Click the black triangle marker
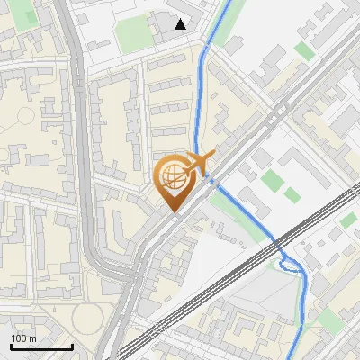click(181, 24)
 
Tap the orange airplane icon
click(198, 163)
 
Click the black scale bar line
click(41, 346)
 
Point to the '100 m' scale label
click(25, 337)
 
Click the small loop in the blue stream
click(289, 263)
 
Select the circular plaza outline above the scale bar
click(88, 315)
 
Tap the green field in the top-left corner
click(27, 15)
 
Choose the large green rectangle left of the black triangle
click(134, 33)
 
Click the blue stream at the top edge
click(228, 3)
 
